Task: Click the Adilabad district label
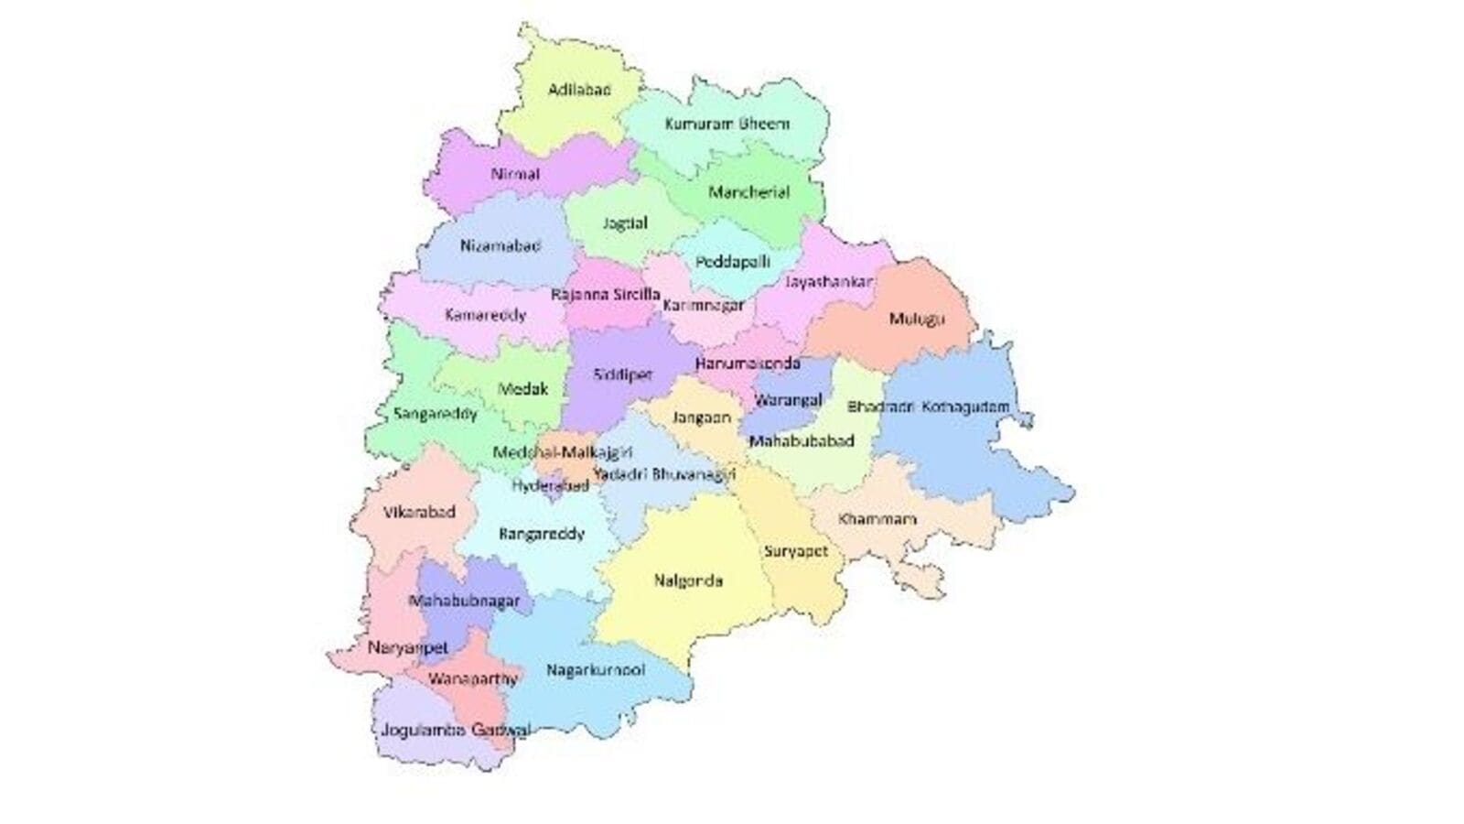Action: coord(579,90)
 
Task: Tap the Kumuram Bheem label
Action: coord(727,123)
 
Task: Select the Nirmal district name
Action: coord(515,174)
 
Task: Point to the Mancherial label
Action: coord(748,192)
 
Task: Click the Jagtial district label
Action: coord(625,223)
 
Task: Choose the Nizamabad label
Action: coord(501,245)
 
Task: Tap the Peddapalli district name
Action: coord(732,262)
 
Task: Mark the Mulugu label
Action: coord(916,319)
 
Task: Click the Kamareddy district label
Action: coord(486,315)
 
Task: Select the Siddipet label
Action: coord(623,375)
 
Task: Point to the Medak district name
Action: coord(523,389)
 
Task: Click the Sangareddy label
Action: coord(436,414)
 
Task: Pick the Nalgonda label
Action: coord(689,580)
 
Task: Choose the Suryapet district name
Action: coord(796,551)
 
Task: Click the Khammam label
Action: coord(877,519)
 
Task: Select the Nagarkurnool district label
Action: coord(596,670)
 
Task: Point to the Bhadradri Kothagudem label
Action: coord(928,407)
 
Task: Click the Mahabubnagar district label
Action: coord(464,602)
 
